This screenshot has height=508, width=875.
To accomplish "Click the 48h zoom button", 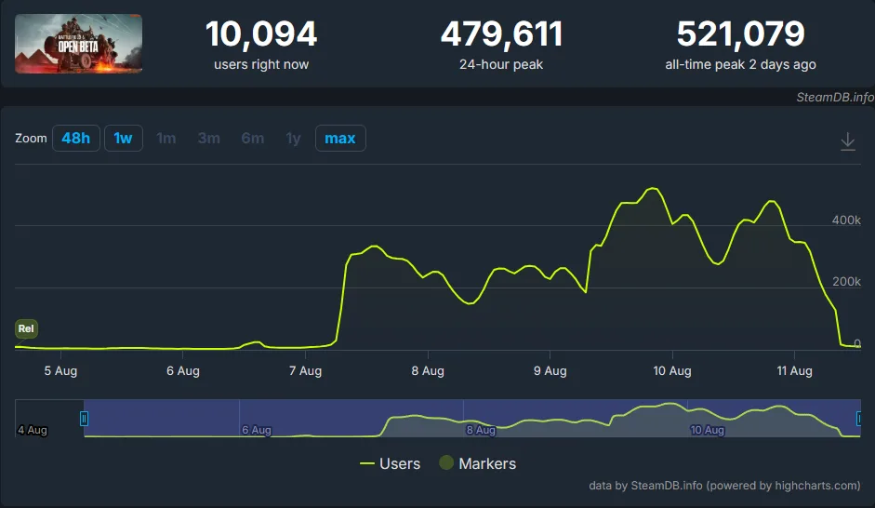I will coord(75,139).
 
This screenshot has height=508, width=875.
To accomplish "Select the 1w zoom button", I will coord(123,139).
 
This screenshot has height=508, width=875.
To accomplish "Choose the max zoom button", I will coord(339,139).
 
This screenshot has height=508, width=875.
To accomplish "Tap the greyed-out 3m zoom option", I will coord(208,139).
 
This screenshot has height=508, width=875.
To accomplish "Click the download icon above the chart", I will coord(847,141).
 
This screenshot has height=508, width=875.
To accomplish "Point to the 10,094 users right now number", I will coord(260,34).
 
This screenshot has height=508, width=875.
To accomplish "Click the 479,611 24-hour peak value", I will coord(501,34).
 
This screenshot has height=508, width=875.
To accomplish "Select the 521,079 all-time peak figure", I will coord(740,34).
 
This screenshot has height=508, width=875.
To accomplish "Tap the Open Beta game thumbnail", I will coord(79,44).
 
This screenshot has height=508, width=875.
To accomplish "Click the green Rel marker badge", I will coord(26,328).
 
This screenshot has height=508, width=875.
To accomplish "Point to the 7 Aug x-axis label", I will coord(305,371).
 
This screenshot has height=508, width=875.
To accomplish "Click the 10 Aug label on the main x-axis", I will coord(672,371).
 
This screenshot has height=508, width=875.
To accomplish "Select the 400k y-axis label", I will coord(846,221).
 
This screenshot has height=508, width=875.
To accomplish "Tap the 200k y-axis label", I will coord(846,282).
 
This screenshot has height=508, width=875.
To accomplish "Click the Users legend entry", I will coord(390,463).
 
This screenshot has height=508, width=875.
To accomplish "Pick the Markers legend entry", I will coord(477,463).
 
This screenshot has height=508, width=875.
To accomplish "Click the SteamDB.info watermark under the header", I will coord(835,97).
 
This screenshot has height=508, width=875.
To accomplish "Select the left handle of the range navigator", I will coord(84,419).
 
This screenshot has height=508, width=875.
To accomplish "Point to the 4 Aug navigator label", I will coord(32,430).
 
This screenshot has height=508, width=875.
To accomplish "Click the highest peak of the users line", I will coord(654,189).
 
